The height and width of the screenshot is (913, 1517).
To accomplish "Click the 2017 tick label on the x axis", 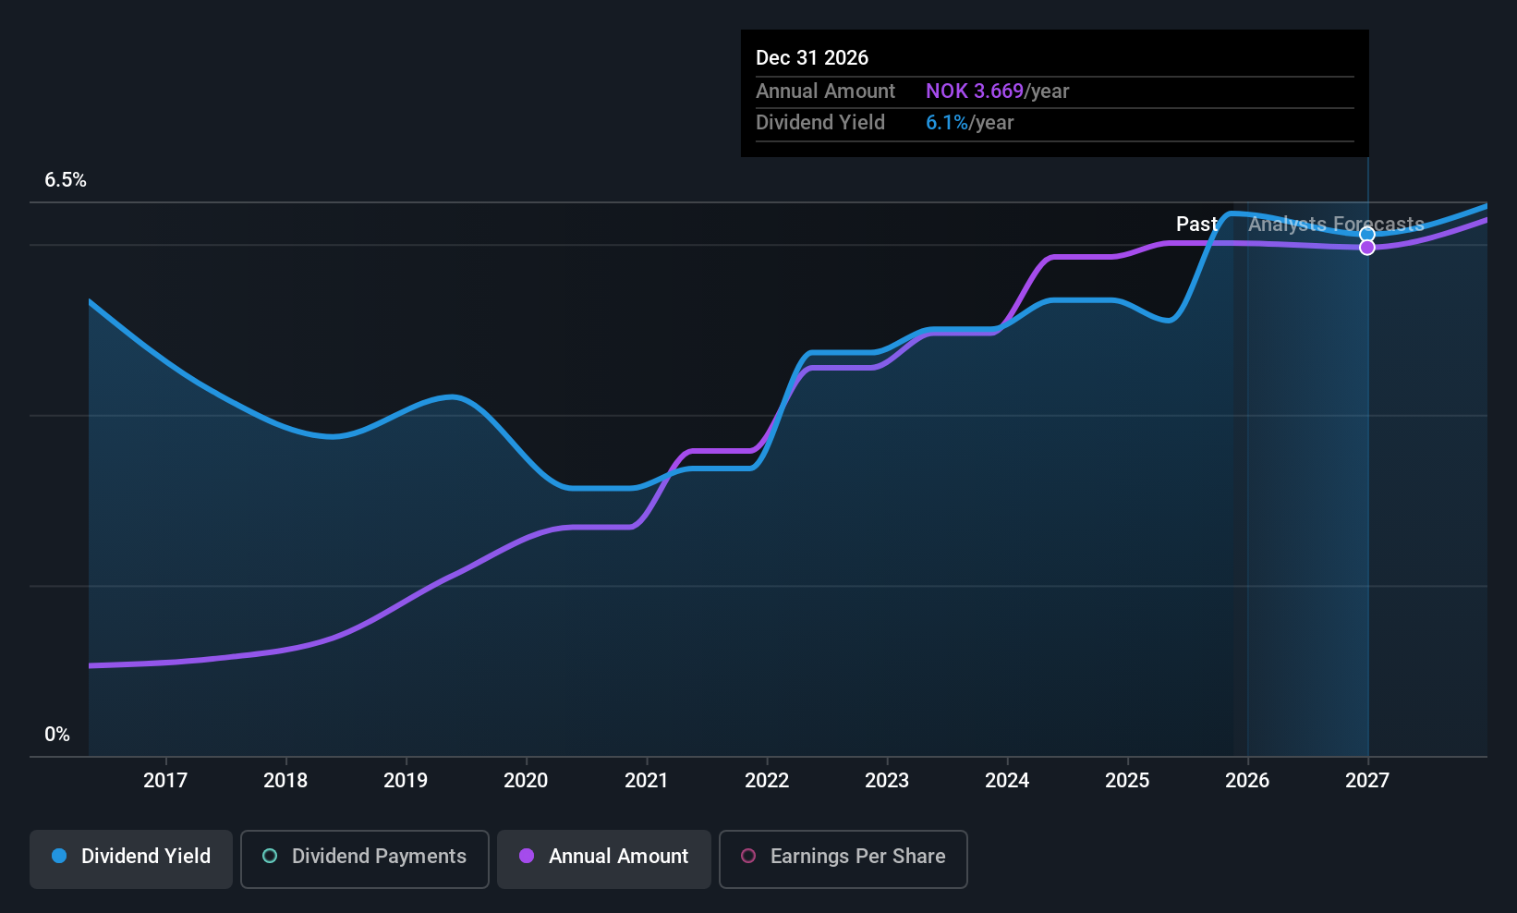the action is click(165, 780).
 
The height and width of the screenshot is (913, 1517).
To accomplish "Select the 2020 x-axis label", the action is click(526, 780).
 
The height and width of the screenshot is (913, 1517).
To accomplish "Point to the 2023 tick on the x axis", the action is click(887, 780).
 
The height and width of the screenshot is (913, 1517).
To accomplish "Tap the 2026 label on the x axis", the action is click(1247, 780).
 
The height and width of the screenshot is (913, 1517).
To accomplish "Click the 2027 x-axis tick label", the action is click(1367, 780).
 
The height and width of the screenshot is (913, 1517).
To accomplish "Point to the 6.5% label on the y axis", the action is click(66, 180).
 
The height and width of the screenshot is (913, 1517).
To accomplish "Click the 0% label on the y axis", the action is click(57, 735).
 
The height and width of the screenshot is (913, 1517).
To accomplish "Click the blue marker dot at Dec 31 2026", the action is click(1367, 235).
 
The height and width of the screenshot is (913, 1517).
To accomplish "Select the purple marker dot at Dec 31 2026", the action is click(1367, 248).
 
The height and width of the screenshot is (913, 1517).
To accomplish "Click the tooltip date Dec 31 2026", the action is click(812, 58).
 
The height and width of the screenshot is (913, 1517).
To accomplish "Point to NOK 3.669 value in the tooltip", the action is click(975, 91).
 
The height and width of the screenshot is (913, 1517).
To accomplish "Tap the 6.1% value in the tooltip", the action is click(947, 123).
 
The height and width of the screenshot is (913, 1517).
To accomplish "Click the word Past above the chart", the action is click(1195, 225).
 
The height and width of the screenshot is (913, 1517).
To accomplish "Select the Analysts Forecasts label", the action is click(1336, 225).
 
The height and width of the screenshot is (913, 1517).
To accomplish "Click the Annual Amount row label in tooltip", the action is click(825, 91).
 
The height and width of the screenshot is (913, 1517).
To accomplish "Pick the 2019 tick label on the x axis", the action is click(406, 780).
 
